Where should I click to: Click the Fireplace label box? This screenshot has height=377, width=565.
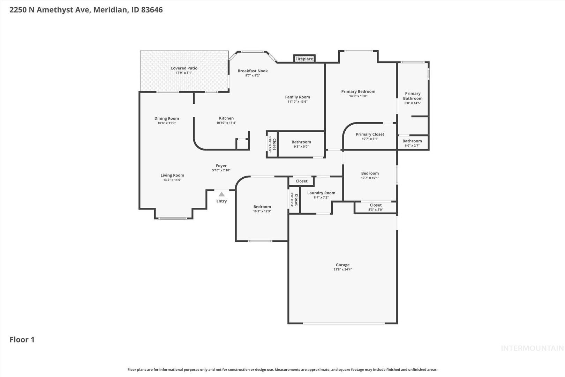click(x=304, y=59)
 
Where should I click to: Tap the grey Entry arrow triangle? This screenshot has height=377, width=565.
click(x=221, y=194)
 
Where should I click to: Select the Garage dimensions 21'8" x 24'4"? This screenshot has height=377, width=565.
click(x=342, y=269)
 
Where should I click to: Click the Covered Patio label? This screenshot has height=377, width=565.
click(x=184, y=68)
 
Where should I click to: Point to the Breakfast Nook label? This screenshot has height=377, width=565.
click(x=253, y=71)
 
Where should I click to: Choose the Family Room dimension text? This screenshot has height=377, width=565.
click(x=297, y=102)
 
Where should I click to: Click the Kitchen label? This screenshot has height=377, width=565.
click(x=226, y=118)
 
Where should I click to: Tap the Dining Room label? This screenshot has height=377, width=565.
click(x=167, y=118)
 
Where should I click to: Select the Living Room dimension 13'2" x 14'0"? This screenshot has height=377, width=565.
click(x=172, y=180)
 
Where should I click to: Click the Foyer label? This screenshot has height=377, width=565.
click(x=221, y=166)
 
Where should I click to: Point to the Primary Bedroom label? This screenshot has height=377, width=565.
click(x=358, y=91)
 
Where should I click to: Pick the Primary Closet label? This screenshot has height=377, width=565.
click(x=370, y=134)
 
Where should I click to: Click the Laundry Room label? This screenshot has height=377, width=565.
click(x=321, y=193)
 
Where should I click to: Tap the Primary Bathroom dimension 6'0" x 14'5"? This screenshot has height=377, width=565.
click(x=413, y=103)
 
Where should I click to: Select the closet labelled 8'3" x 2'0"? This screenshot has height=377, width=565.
click(x=376, y=207)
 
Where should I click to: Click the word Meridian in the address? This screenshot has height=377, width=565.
click(x=110, y=10)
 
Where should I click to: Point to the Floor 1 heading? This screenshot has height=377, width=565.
click(x=22, y=340)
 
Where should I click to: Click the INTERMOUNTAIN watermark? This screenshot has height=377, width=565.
click(x=532, y=348)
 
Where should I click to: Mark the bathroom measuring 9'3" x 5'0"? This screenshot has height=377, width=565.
click(x=301, y=144)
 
